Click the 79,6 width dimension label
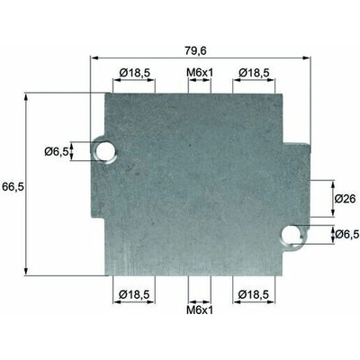pos(195,50)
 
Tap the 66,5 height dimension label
pos(13,187)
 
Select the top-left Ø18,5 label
pos(134,73)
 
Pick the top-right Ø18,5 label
pos(254,73)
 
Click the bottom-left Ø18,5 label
pos(134,294)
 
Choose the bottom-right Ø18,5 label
pos(253,294)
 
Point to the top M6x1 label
pos(200,73)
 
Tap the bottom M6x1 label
pos(200,310)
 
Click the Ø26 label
pos(345,199)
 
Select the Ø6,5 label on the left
pos(56,152)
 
